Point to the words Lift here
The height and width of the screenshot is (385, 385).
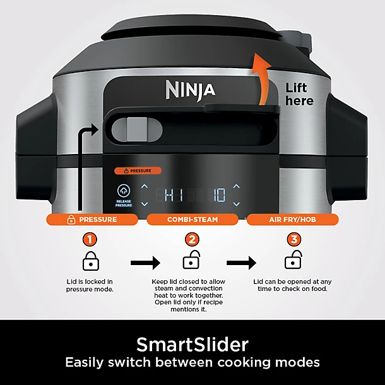point(299,94)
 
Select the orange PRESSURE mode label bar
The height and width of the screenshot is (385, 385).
point(92,220)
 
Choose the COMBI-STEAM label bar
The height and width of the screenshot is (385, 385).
point(192,220)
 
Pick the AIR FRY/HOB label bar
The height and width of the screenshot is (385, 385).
point(292,220)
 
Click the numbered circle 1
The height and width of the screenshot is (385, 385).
point(92,240)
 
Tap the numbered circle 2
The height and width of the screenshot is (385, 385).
point(192,240)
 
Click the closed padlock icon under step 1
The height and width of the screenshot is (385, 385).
point(92,261)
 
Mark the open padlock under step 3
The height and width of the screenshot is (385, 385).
point(292,259)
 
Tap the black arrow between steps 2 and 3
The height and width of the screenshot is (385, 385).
point(242,262)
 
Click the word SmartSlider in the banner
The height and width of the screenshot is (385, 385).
point(192,345)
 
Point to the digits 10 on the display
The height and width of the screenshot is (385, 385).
point(218,195)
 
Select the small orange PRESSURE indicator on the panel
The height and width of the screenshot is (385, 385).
point(138,170)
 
